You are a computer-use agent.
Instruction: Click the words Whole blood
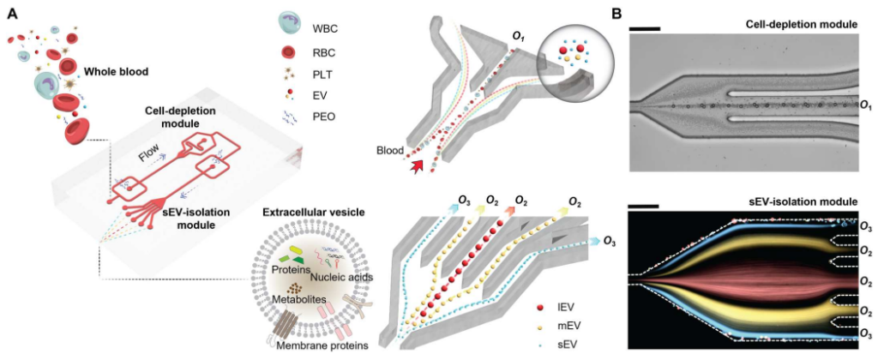[117, 71]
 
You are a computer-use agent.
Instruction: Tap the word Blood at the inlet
[391, 151]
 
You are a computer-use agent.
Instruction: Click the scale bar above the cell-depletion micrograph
[644, 29]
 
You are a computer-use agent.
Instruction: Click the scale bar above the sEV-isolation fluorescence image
[643, 206]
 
